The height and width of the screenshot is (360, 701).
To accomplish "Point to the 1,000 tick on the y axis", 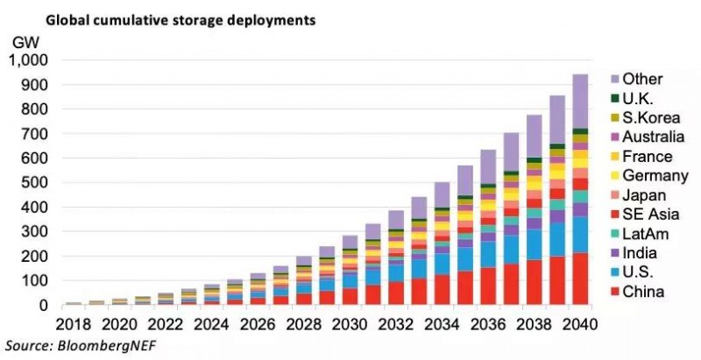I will pyautogui.click(x=30, y=60).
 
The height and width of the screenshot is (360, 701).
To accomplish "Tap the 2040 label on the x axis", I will pyautogui.click(x=579, y=325).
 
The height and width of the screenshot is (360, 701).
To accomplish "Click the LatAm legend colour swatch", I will pyautogui.click(x=605, y=234).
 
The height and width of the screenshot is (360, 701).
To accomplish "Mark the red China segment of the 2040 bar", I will pyautogui.click(x=579, y=279).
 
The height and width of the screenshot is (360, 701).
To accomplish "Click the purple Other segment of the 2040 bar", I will pyautogui.click(x=579, y=102).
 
